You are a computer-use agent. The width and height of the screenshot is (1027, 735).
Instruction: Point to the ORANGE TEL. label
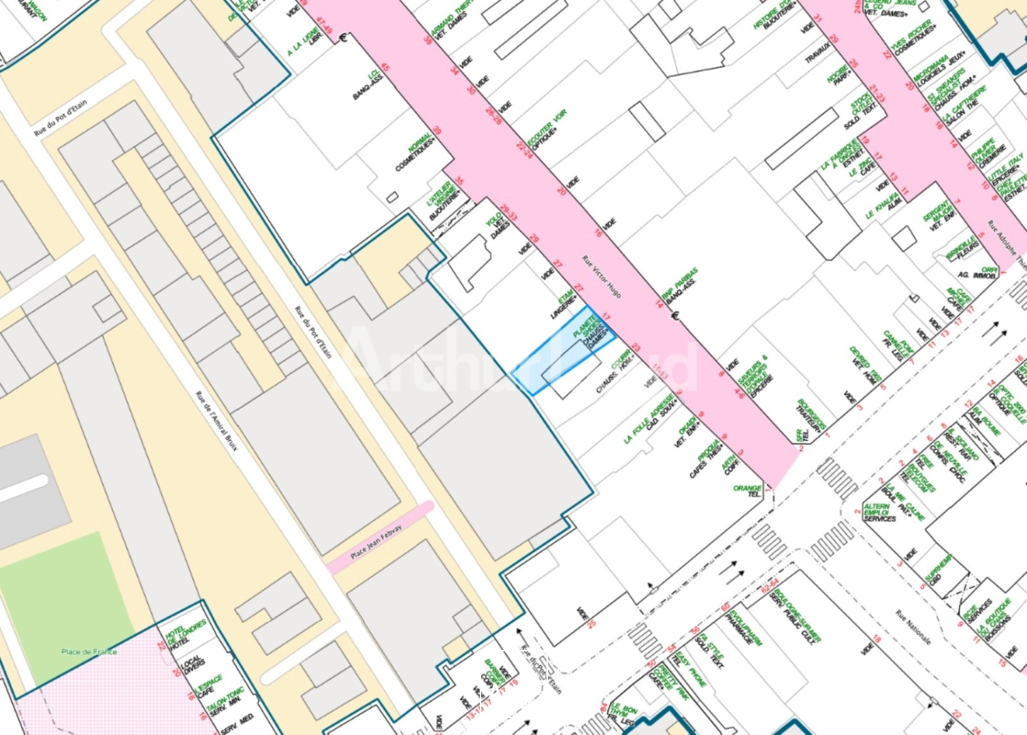[748, 491]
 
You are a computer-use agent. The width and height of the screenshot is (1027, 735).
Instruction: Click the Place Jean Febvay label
[376, 542]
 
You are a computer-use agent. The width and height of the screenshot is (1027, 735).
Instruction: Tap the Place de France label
[88, 651]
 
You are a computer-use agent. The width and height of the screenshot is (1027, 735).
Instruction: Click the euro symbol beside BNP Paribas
[675, 315]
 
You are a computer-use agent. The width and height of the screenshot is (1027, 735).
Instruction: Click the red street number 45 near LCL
[385, 67]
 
